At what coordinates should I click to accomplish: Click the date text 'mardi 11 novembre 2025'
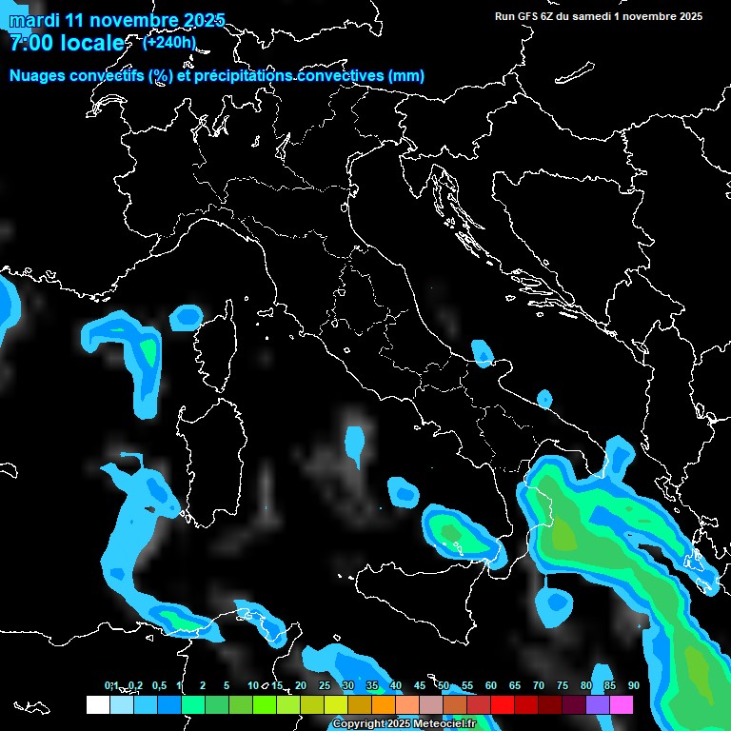coord(116,20)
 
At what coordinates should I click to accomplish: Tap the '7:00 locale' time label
coord(67,43)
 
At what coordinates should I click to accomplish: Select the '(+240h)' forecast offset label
coord(168,42)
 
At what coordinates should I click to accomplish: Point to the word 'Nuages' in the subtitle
coord(39,76)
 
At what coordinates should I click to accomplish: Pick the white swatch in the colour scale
coord(97,704)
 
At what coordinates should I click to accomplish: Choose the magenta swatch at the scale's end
coord(621,704)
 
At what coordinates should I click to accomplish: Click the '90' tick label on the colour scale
coord(633,685)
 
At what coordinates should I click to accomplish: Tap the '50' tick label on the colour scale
coord(443,685)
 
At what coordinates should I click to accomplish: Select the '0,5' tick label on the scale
coord(158,685)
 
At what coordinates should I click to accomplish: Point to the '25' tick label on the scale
coord(324,685)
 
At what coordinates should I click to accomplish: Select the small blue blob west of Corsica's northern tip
coord(186,317)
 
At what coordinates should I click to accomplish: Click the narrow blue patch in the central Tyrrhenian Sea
coord(355,445)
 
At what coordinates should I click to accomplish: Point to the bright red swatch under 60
coord(502,704)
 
